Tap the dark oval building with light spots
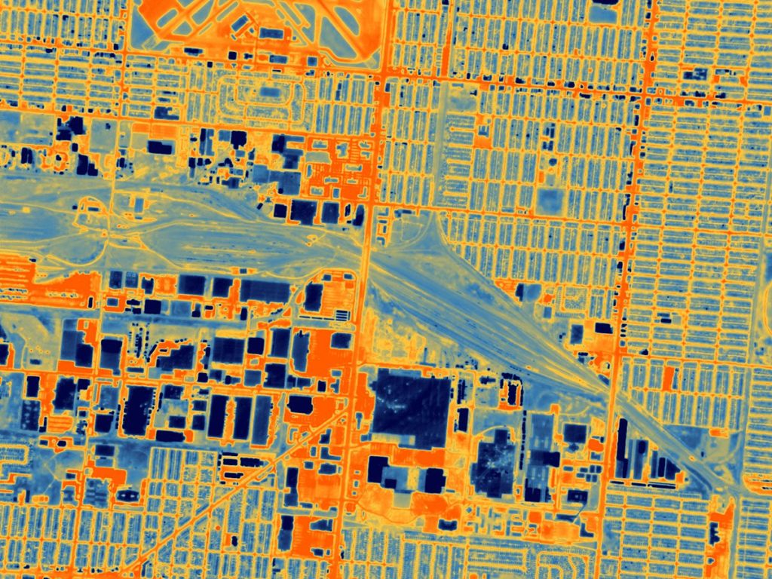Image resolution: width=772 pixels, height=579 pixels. coord(495,461)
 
